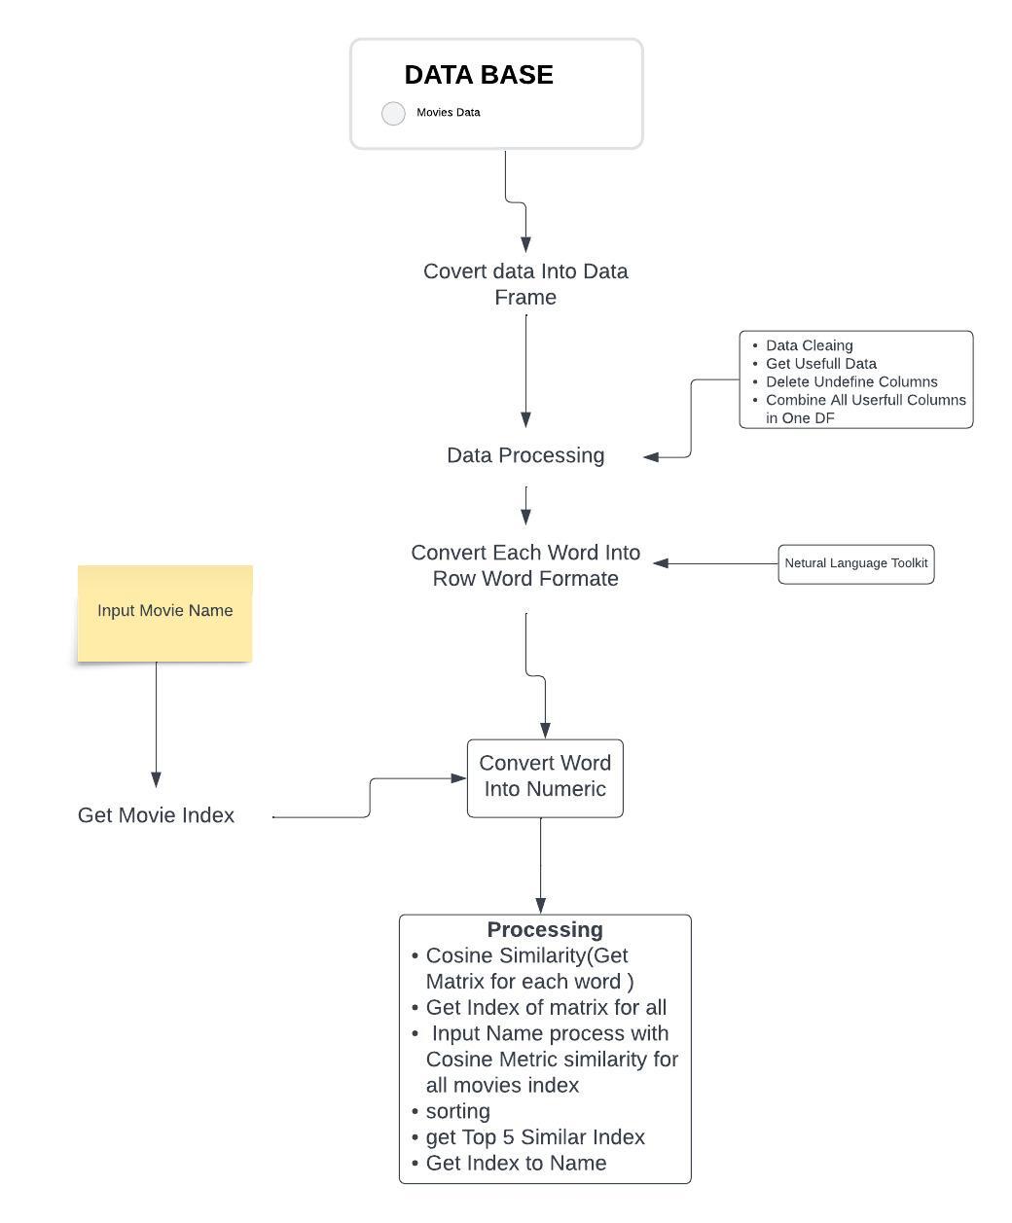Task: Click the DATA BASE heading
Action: tap(479, 75)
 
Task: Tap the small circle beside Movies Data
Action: tap(393, 114)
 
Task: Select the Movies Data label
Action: tap(448, 112)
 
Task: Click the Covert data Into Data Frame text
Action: tap(525, 284)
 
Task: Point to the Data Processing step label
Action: tap(525, 455)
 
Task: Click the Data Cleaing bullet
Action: tap(809, 345)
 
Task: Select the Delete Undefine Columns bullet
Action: tap(851, 381)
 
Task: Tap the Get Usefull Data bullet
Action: tap(820, 363)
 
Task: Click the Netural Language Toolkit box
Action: tap(855, 563)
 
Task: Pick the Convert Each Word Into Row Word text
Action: tap(525, 565)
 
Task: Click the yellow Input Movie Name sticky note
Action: tap(164, 613)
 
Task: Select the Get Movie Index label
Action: tap(156, 815)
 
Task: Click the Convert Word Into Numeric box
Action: tap(545, 777)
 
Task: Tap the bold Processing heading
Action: tap(545, 929)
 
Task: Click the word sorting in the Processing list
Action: tap(457, 1111)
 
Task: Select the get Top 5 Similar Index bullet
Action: tap(535, 1137)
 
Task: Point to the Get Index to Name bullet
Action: tap(516, 1163)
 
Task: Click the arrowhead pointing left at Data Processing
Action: tap(651, 456)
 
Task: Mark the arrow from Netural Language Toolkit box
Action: tap(715, 563)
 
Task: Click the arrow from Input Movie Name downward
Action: tap(156, 725)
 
